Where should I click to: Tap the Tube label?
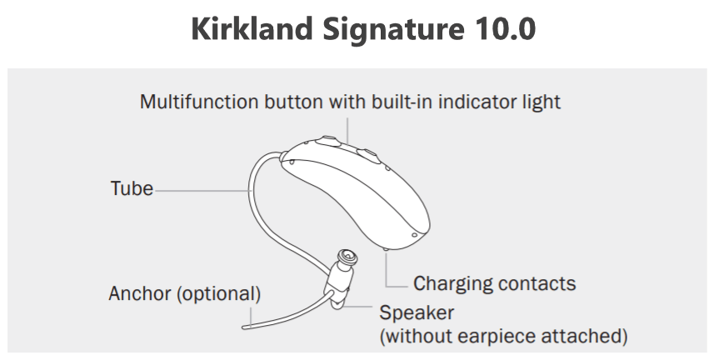tap(132, 188)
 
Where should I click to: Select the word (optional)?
tap(217, 294)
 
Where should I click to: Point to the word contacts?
tap(536, 283)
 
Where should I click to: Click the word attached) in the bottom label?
tap(587, 337)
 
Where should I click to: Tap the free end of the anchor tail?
tap(252, 322)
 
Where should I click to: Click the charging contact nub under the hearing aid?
tap(388, 248)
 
